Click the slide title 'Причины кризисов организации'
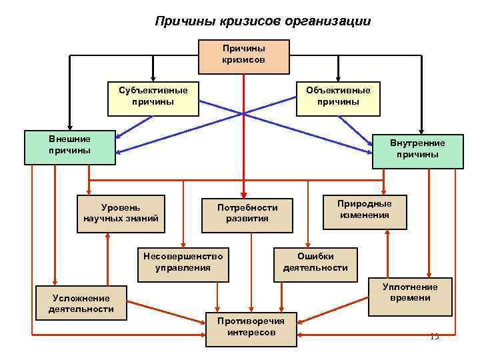[x=263, y=21]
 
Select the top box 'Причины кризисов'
[x=243, y=55]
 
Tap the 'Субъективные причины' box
[x=153, y=97]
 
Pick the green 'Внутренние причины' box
[x=418, y=149]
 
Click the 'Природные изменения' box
[x=364, y=210]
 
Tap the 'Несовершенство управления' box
[x=183, y=262]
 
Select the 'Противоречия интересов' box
[x=251, y=327]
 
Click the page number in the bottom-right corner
[x=435, y=336]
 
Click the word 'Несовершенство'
[x=183, y=257]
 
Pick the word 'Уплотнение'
[x=410, y=287]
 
